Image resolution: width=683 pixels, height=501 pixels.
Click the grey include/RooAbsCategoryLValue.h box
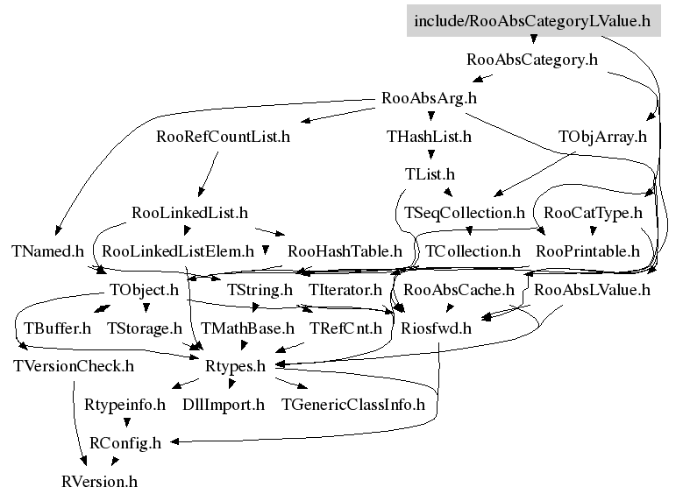click(x=531, y=20)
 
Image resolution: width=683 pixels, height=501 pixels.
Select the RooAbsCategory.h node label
click(x=532, y=60)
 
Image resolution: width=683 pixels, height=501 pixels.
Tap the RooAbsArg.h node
click(x=430, y=98)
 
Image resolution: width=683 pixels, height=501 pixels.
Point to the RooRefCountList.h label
click(x=223, y=137)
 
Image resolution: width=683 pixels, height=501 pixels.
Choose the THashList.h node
click(x=429, y=137)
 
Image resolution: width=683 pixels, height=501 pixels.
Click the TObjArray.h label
click(x=601, y=137)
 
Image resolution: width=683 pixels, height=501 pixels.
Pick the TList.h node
click(x=430, y=175)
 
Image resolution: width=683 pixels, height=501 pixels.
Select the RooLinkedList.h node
click(x=189, y=213)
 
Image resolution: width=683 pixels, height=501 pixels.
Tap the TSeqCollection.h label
click(x=464, y=213)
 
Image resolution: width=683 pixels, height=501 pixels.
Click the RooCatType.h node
click(x=594, y=213)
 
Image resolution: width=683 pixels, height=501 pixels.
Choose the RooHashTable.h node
click(x=345, y=251)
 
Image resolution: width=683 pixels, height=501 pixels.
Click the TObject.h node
click(x=144, y=289)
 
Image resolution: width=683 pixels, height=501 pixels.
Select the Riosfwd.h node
click(x=436, y=328)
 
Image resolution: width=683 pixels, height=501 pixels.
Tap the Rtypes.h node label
click(x=234, y=366)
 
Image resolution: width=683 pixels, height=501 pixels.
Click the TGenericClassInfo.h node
click(x=352, y=405)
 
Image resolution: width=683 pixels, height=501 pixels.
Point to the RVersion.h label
click(x=100, y=481)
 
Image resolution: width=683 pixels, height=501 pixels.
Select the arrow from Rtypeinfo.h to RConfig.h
click(x=126, y=423)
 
